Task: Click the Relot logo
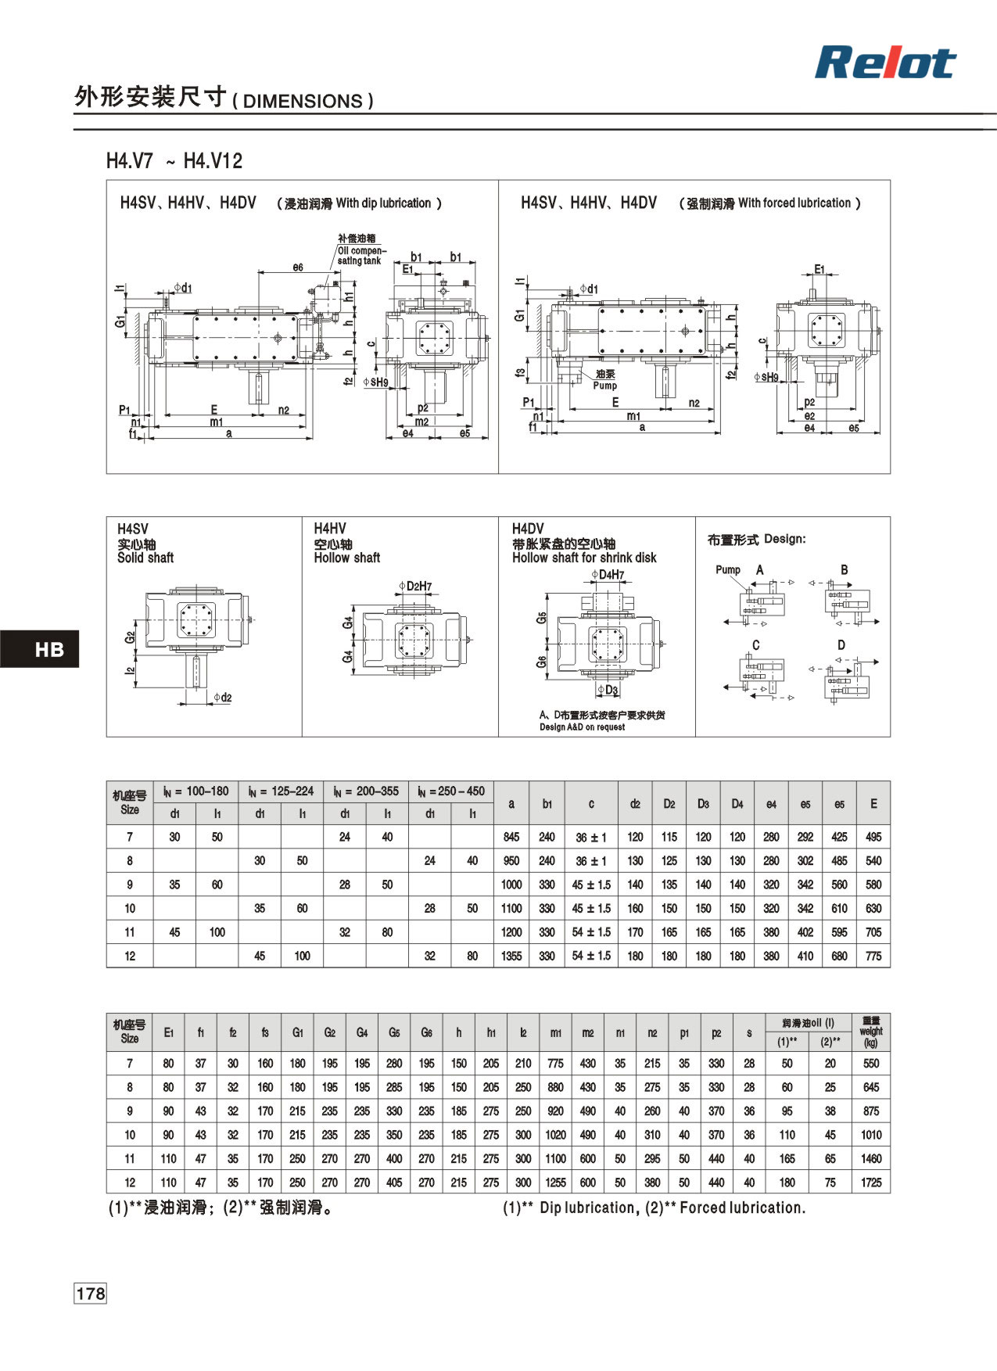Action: pos(885,63)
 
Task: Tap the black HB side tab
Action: pos(40,649)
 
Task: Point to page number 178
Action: pos(90,1294)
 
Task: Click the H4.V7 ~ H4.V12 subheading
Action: pos(174,161)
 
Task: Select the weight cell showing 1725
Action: pos(871,1183)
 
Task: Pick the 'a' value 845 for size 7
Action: pos(511,837)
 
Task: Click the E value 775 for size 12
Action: pos(873,956)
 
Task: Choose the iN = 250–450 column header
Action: pos(451,791)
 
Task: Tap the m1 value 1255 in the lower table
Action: pos(555,1183)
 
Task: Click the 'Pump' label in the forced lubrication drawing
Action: pos(604,386)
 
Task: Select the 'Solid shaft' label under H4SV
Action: pos(145,558)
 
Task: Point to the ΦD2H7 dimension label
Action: pos(414,587)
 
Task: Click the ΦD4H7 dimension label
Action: pos(608,575)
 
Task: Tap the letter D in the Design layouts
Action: pos(841,645)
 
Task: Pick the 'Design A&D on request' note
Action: pos(582,727)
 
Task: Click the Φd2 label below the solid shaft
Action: pos(222,698)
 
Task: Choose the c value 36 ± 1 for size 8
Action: pos(591,861)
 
